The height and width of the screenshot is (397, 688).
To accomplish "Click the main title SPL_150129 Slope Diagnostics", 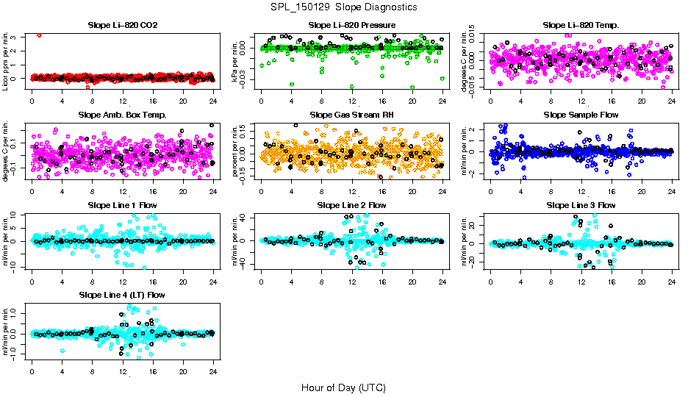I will click(343, 7).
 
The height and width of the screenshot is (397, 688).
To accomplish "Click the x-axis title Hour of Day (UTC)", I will click(343, 387).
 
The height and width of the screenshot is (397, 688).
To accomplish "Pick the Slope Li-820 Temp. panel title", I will click(581, 25).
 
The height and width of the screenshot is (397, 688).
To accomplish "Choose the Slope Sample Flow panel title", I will click(581, 115).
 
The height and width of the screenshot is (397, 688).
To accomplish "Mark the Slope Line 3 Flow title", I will click(581, 204).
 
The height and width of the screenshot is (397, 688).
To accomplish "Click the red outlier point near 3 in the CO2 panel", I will click(39, 35).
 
